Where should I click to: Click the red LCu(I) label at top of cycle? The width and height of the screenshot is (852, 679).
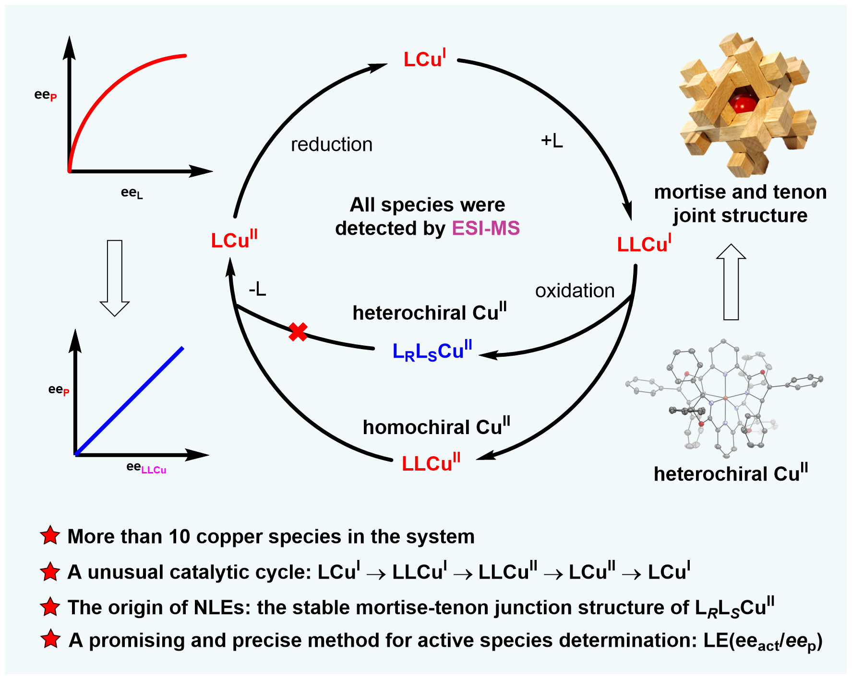click(425, 59)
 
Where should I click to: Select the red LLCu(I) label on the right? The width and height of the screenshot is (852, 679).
click(644, 244)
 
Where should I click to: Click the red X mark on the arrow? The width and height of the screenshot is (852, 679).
click(298, 332)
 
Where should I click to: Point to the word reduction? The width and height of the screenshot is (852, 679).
click(332, 145)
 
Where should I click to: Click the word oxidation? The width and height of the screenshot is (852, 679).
click(575, 291)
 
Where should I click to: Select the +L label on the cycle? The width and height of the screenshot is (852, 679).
click(552, 140)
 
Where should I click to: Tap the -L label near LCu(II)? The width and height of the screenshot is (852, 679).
click(257, 289)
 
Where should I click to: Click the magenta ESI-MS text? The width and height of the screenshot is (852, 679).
click(486, 228)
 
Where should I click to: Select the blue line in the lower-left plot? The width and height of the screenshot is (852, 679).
click(130, 400)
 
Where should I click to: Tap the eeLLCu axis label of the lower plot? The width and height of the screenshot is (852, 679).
click(146, 468)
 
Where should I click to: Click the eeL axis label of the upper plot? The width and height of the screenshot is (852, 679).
click(132, 193)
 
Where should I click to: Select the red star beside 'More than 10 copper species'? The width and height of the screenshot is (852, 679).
click(50, 535)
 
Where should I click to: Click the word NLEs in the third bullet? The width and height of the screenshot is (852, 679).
click(222, 607)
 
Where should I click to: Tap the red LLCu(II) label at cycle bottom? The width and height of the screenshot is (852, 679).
click(431, 463)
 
